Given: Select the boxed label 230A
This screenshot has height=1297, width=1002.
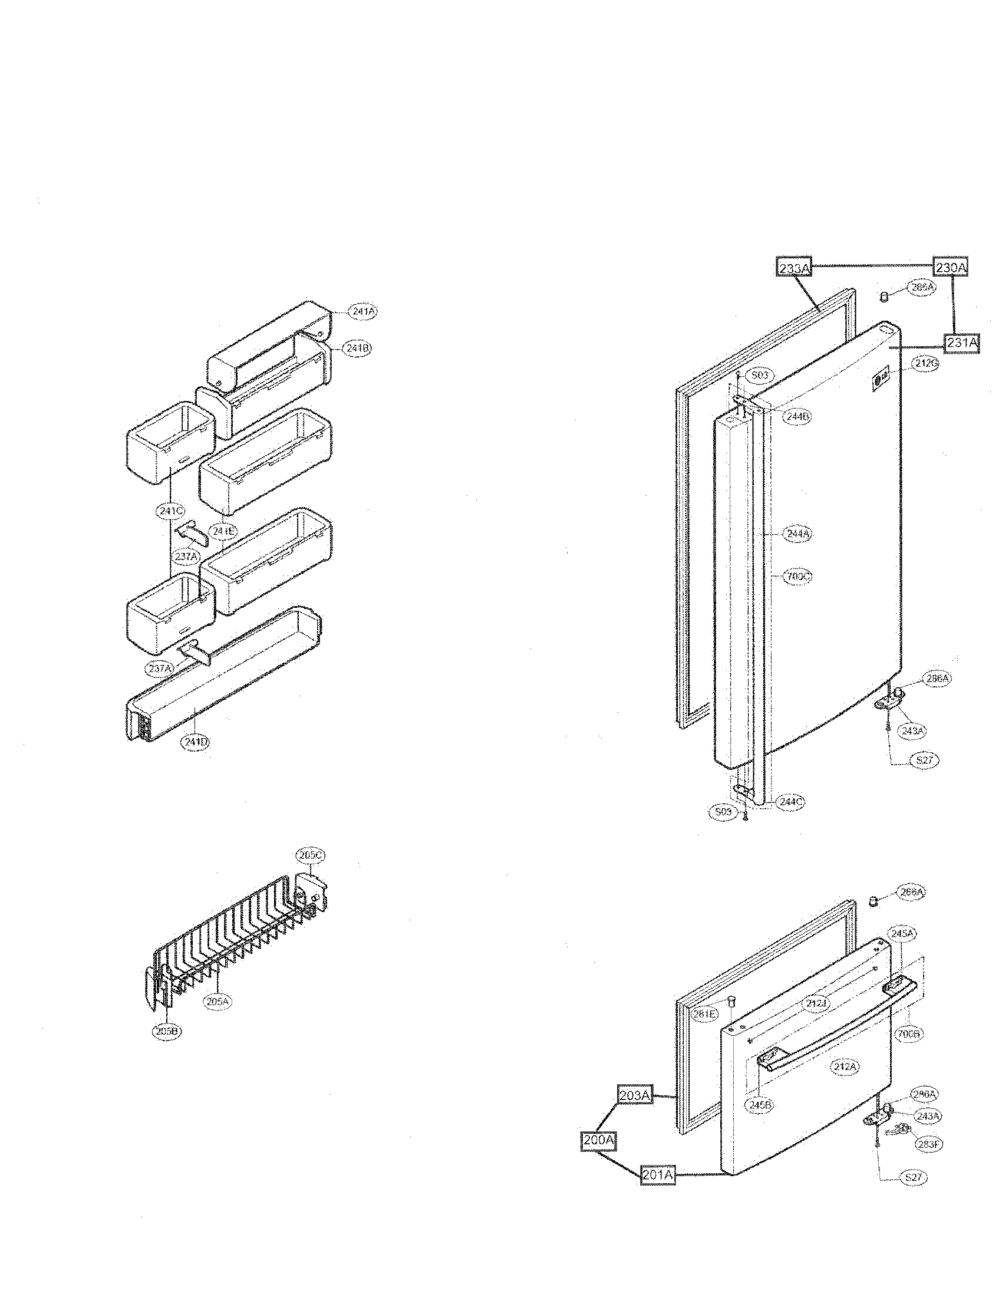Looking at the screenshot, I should tap(951, 268).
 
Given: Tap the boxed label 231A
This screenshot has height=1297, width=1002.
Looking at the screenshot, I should tap(962, 343).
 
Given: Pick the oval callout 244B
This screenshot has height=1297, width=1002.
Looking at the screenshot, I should tap(796, 416).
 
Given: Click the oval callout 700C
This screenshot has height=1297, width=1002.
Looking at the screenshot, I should tap(797, 576).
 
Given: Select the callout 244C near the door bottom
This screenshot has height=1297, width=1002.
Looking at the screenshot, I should tap(792, 801).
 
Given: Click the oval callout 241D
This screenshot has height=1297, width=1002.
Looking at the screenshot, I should tap(195, 742).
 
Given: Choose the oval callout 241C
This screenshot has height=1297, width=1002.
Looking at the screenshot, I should tap(172, 510).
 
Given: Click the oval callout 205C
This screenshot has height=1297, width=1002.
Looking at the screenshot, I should tap(311, 855).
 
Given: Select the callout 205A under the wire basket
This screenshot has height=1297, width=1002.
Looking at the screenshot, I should tap(217, 1001).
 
